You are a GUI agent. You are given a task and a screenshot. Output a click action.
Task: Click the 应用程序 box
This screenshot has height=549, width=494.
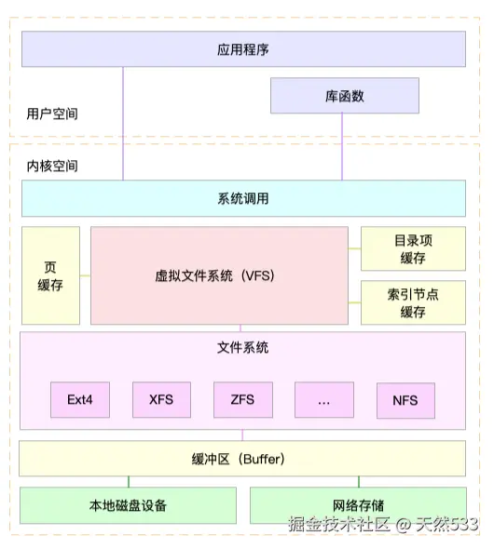pyautogui.click(x=243, y=49)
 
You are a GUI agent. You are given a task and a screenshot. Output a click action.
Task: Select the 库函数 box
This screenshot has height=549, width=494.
pyautogui.click(x=343, y=95)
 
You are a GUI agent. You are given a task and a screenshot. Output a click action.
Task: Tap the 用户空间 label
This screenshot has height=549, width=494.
pyautogui.click(x=52, y=114)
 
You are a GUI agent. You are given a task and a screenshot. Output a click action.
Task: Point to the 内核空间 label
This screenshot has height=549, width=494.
pyautogui.click(x=52, y=167)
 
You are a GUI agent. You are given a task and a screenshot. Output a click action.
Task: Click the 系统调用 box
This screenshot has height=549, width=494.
pyautogui.click(x=243, y=198)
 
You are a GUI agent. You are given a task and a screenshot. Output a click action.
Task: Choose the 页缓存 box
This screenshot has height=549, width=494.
pyautogui.click(x=50, y=275)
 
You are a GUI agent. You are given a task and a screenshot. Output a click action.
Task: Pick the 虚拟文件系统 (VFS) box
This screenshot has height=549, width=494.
pyautogui.click(x=219, y=275)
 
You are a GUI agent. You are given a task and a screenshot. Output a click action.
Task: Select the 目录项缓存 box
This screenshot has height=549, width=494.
pyautogui.click(x=412, y=248)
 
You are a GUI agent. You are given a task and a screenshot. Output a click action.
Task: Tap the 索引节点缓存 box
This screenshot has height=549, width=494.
pyautogui.click(x=412, y=302)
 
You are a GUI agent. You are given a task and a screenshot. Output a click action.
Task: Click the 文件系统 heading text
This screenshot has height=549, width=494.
pyautogui.click(x=242, y=348)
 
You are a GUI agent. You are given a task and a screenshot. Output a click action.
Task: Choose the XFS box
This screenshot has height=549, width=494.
pyautogui.click(x=160, y=400)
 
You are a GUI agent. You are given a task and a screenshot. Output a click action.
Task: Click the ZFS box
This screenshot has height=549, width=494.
pyautogui.click(x=241, y=400)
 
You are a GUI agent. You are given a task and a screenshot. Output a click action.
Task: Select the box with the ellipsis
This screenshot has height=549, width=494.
pyautogui.click(x=323, y=400)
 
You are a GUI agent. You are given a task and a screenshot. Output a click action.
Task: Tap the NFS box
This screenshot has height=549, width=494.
pyautogui.click(x=405, y=400)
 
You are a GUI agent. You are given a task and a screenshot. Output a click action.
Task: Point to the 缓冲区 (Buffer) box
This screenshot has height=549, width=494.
pyautogui.click(x=243, y=459)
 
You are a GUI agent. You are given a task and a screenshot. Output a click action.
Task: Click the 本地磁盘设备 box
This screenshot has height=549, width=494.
pyautogui.click(x=128, y=505)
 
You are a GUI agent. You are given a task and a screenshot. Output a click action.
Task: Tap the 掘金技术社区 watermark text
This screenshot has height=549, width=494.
pyautogui.click(x=339, y=525)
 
